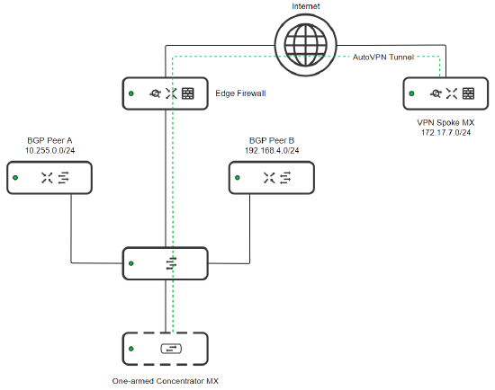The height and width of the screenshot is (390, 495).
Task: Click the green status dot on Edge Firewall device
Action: [130, 93]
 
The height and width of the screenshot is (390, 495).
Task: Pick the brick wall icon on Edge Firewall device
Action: [188, 93]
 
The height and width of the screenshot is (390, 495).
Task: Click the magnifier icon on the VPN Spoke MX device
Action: [436, 93]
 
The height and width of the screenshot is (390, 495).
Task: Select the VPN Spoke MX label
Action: [445, 120]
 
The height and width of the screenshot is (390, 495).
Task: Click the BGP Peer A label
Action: [50, 142]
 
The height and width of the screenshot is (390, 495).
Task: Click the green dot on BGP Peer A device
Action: [15, 179]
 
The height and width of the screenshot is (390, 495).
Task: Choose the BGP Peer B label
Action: [272, 142]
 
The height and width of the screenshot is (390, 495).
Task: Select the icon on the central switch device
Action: [170, 263]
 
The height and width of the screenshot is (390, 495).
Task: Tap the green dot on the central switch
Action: [131, 263]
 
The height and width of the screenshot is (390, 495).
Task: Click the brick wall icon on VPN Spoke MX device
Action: [469, 93]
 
